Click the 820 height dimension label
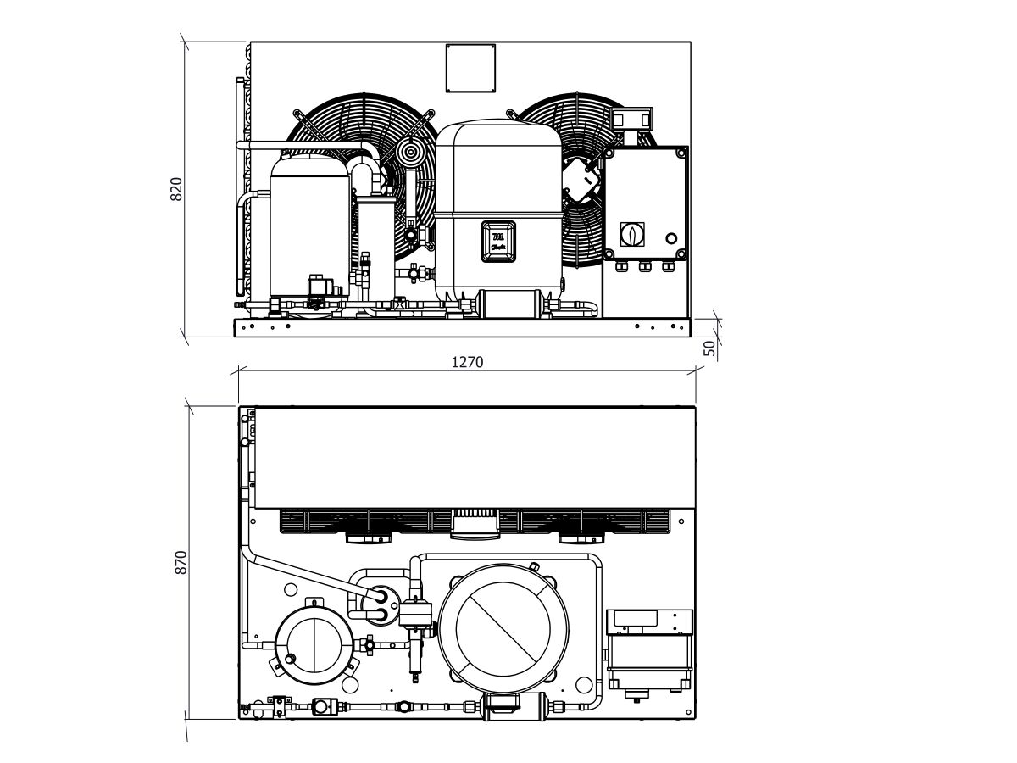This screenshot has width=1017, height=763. click(177, 189)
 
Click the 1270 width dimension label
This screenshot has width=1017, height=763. click(466, 362)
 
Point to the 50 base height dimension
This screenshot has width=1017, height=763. click(710, 347)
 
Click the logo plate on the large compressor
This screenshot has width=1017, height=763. click(497, 240)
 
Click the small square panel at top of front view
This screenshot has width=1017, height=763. click(470, 67)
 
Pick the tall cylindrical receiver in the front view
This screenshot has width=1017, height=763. click(373, 246)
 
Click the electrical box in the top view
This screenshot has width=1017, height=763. click(649, 649)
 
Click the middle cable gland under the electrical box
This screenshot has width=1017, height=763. click(644, 267)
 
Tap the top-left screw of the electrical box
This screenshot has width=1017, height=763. click(608, 153)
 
